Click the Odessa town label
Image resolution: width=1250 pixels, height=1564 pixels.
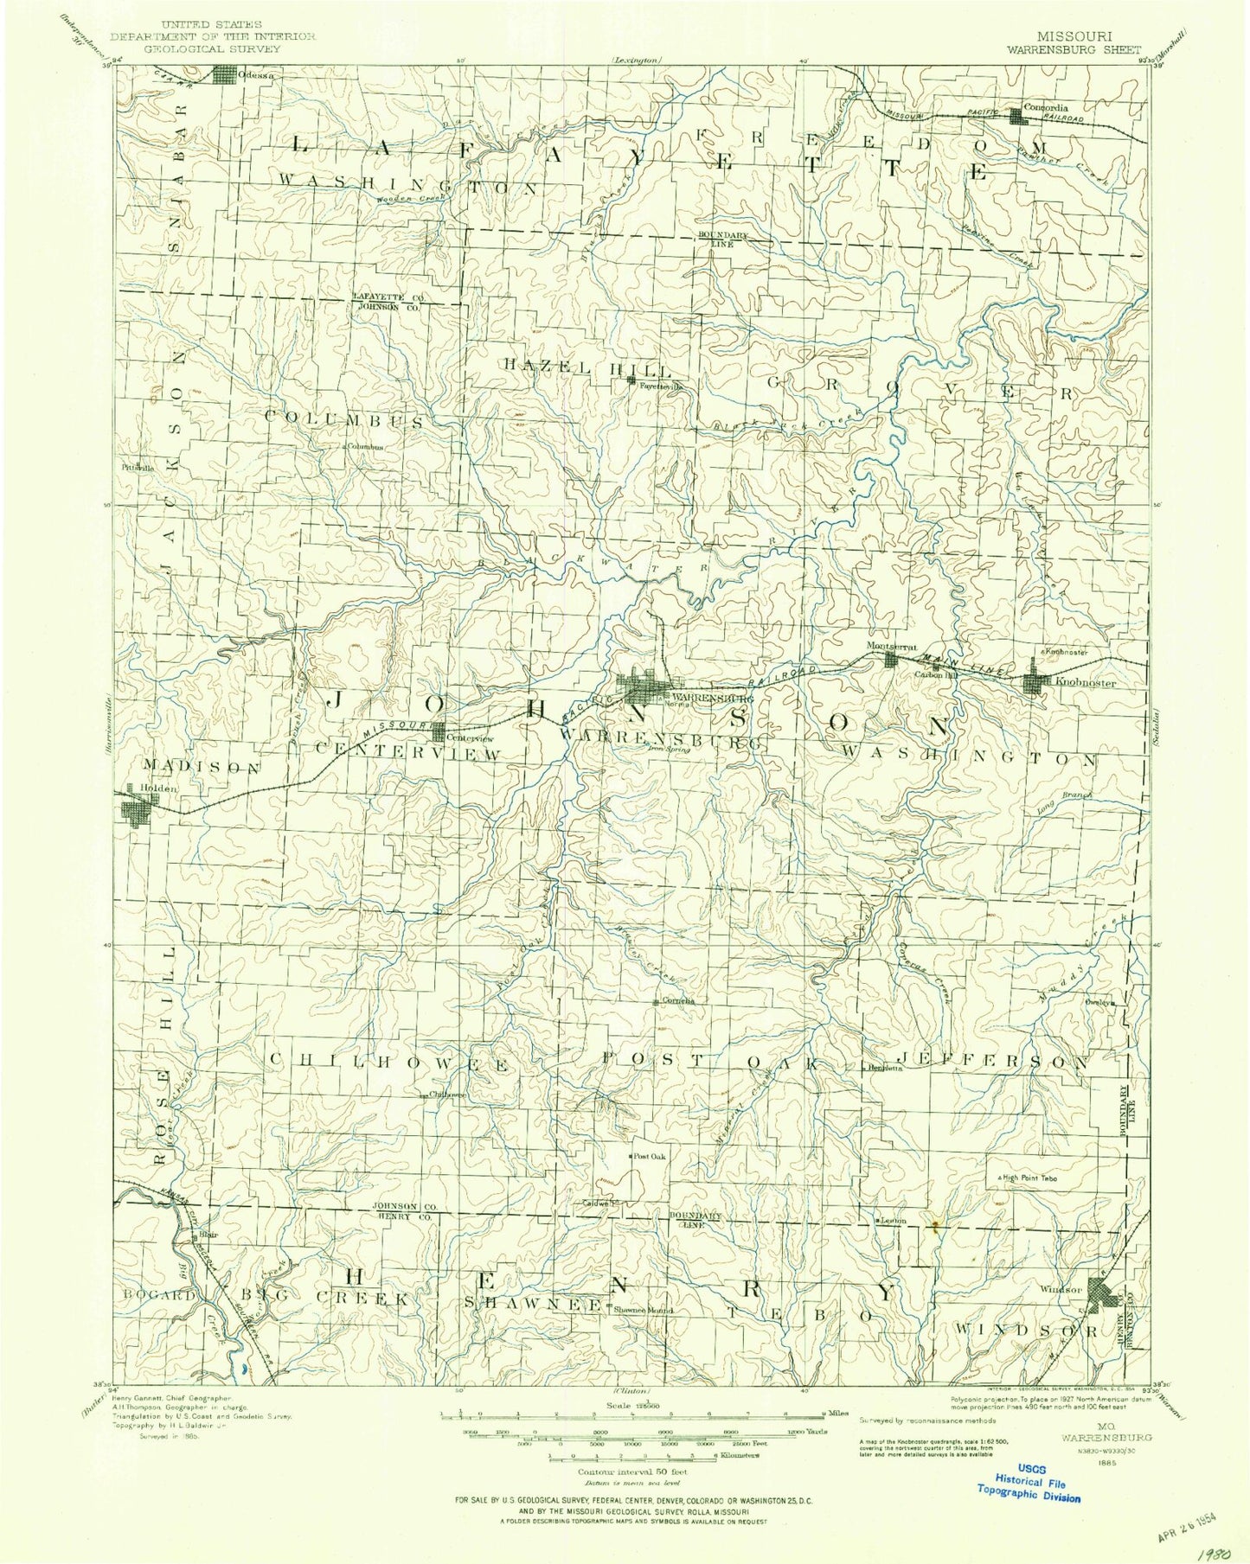[x=260, y=76]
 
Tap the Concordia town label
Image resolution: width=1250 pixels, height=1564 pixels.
[x=1046, y=108]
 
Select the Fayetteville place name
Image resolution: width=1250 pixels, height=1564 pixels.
[x=662, y=386]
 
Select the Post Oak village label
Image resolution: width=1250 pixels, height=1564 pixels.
[x=649, y=1156]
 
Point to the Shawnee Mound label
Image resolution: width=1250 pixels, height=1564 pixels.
[x=642, y=1309]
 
